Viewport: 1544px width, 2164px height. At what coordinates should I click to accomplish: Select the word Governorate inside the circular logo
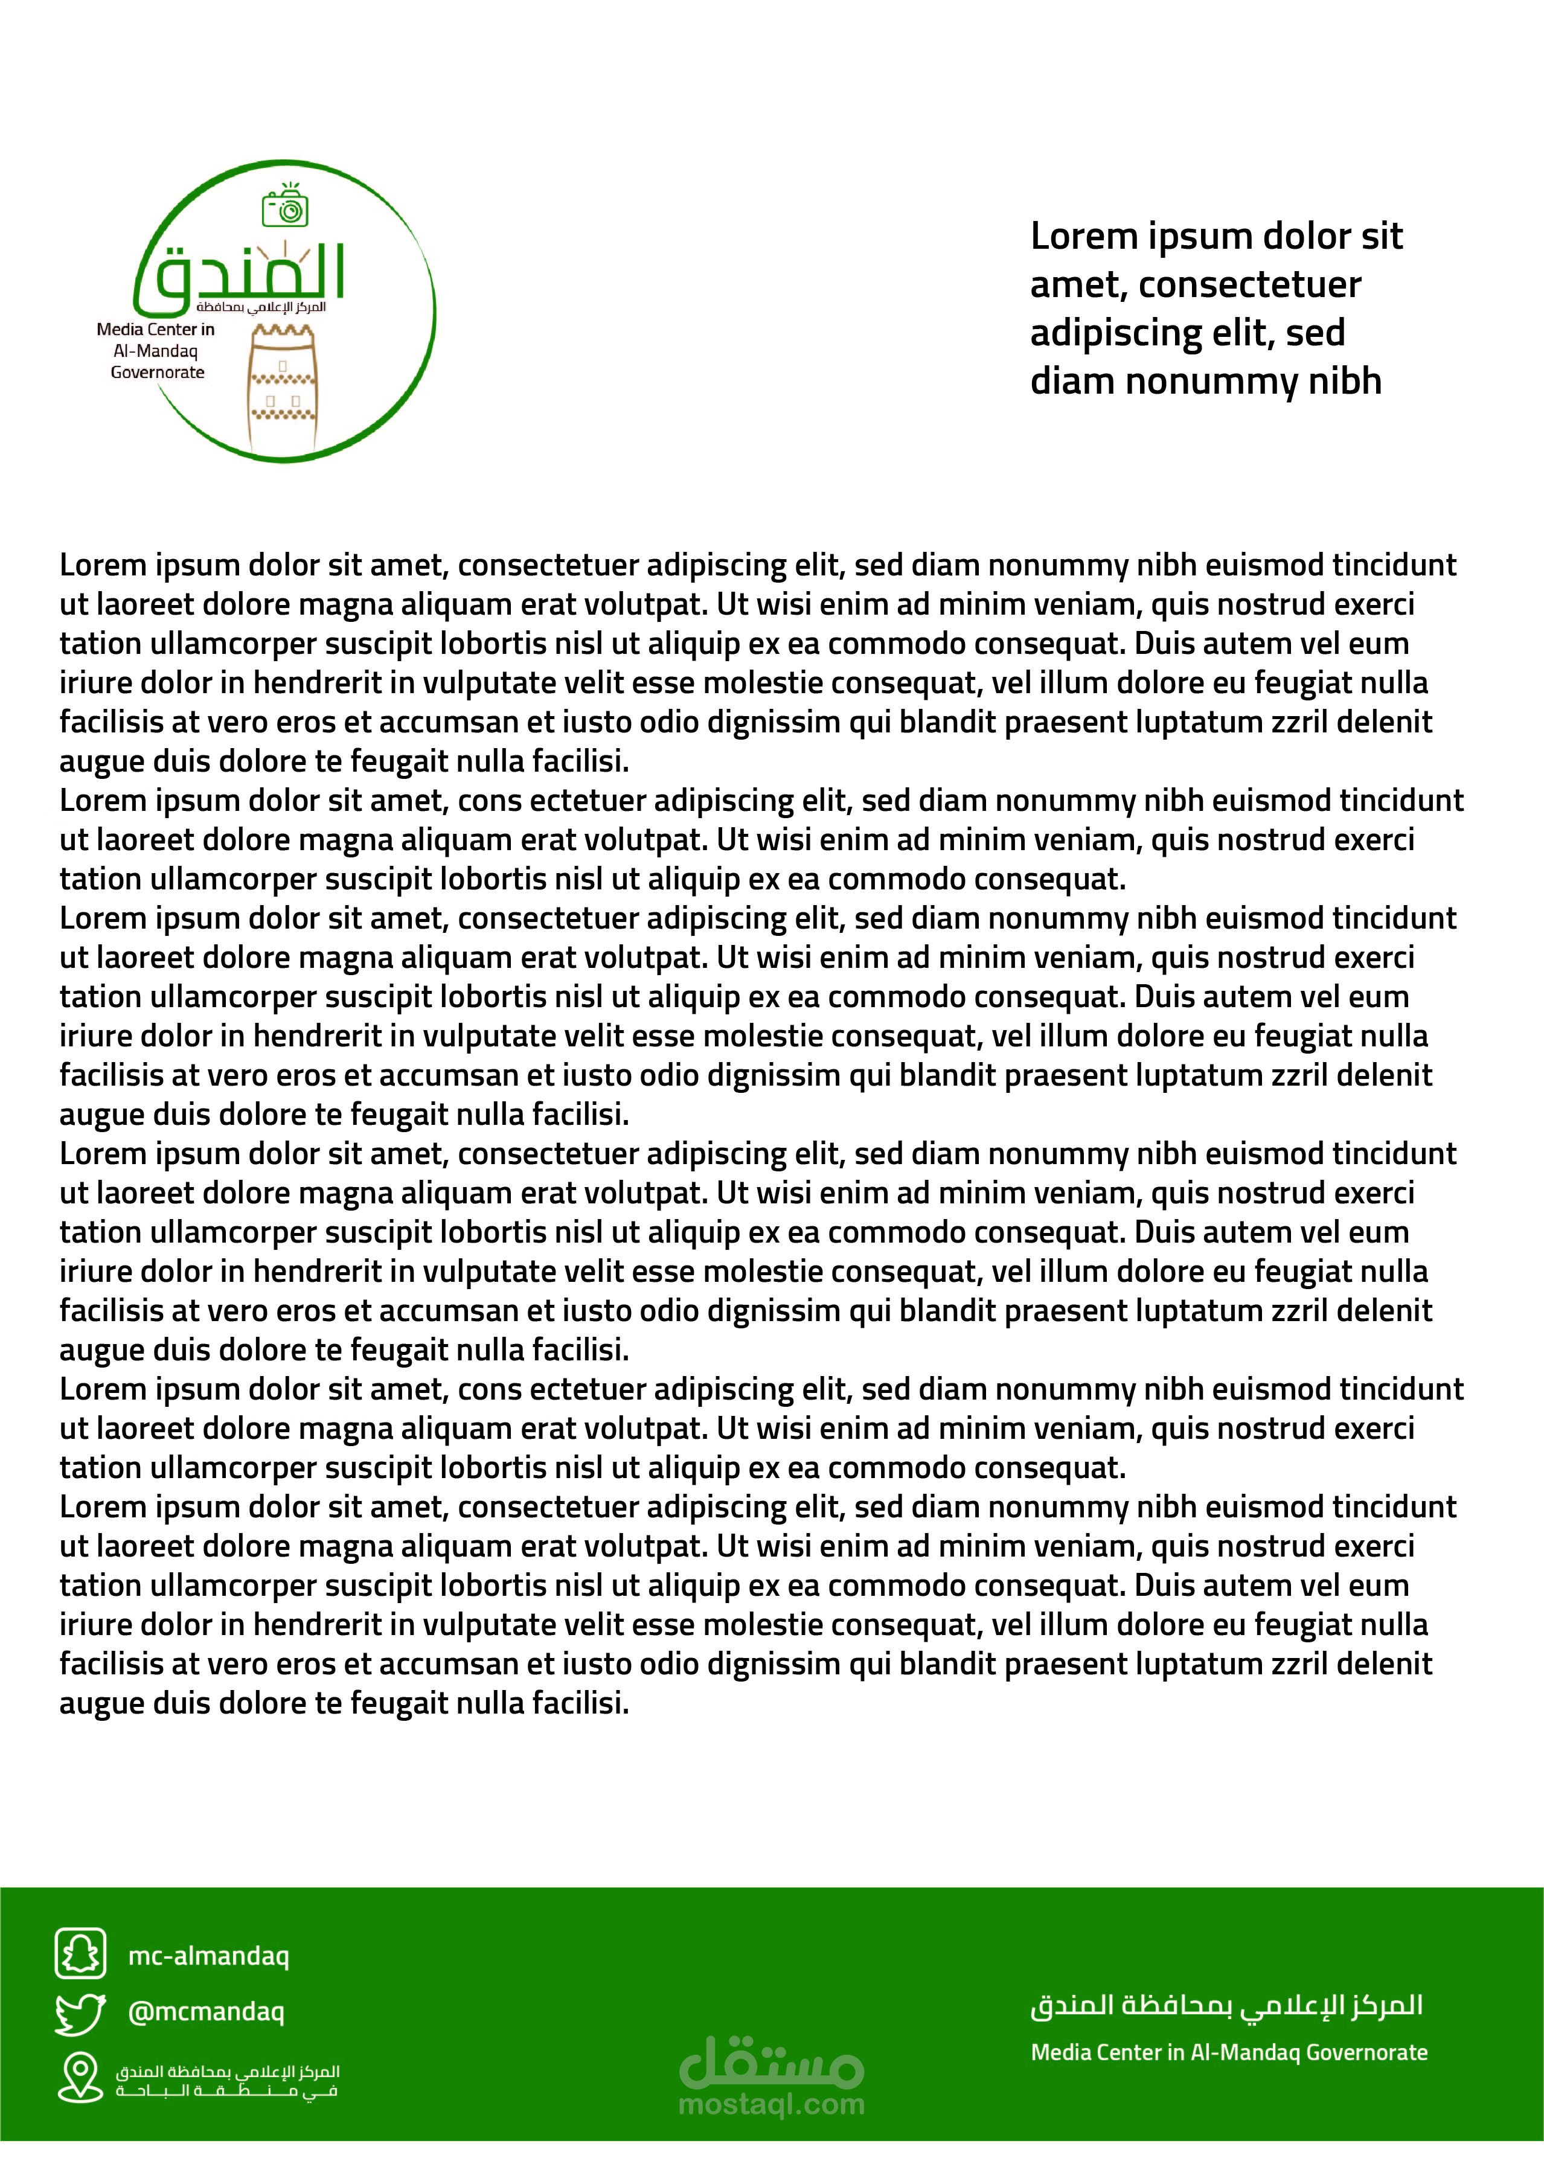tap(158, 373)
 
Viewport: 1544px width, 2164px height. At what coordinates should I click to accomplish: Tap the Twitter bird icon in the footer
tap(80, 2013)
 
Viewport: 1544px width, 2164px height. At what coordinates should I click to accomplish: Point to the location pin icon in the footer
tap(80, 2076)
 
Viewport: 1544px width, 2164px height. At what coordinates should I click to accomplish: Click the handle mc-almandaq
tap(208, 1956)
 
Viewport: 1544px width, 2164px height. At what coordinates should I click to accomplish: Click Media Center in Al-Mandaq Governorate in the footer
tap(1228, 2052)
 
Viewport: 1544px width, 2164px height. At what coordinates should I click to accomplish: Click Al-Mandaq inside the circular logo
tap(156, 351)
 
